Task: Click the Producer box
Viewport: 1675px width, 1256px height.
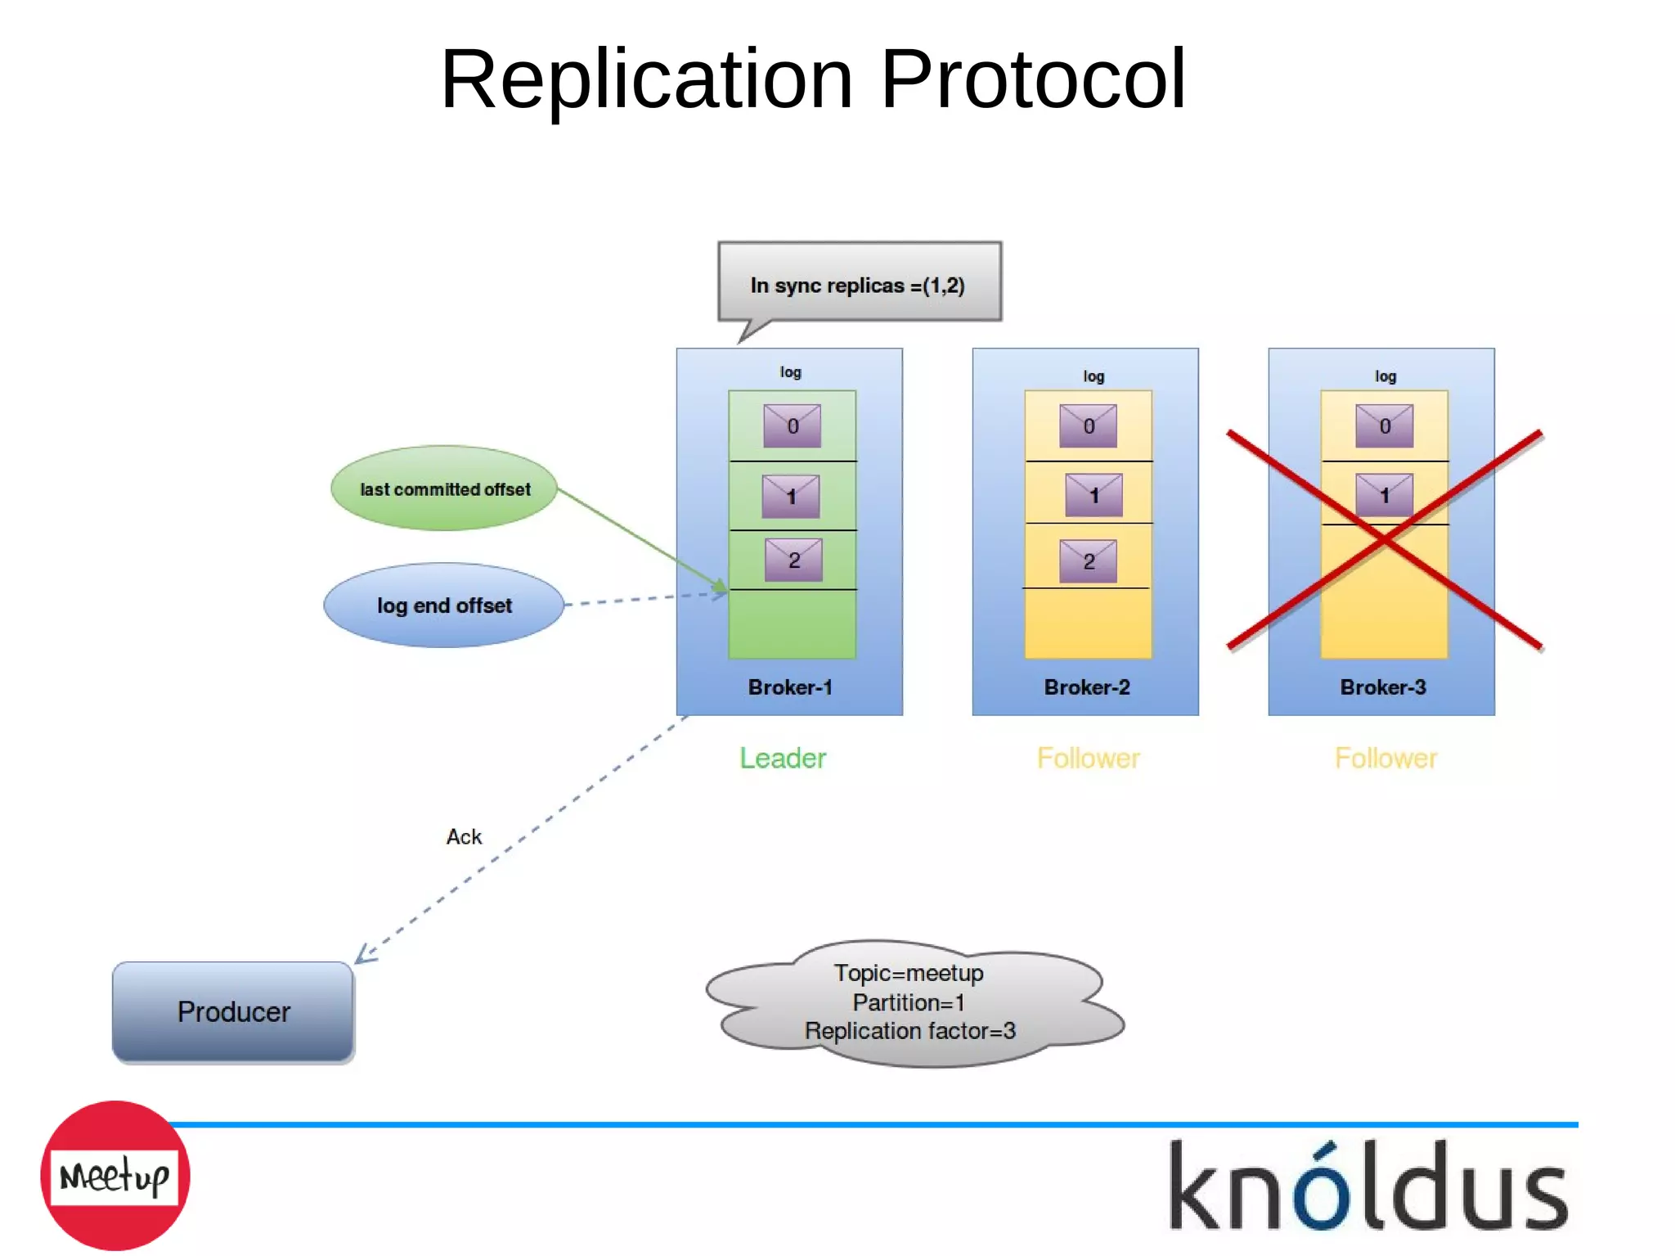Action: pyautogui.click(x=233, y=1012)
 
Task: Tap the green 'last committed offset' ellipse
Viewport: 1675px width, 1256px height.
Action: pyautogui.click(x=445, y=489)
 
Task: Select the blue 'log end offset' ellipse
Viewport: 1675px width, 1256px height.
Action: pyautogui.click(x=444, y=605)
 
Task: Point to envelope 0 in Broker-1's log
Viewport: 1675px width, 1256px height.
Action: pyautogui.click(x=793, y=425)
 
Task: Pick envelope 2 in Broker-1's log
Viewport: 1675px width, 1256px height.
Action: pyautogui.click(x=793, y=560)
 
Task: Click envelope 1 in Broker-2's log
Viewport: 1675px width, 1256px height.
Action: pyautogui.click(x=1093, y=495)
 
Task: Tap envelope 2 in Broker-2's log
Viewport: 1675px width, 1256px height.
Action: pyautogui.click(x=1089, y=561)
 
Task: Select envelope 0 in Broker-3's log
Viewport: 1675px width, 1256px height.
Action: pyautogui.click(x=1385, y=425)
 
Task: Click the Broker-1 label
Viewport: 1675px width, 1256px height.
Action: pyautogui.click(x=790, y=687)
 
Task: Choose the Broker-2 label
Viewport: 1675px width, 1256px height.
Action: pyautogui.click(x=1087, y=687)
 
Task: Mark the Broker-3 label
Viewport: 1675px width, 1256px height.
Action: pyautogui.click(x=1383, y=687)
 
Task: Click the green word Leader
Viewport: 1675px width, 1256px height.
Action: pyautogui.click(x=783, y=759)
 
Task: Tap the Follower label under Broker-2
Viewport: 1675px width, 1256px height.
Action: pyautogui.click(x=1089, y=759)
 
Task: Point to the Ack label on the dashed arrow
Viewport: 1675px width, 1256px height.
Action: pyautogui.click(x=464, y=837)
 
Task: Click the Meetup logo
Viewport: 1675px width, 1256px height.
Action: pyautogui.click(x=115, y=1176)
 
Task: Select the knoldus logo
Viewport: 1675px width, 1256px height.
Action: pyautogui.click(x=1368, y=1186)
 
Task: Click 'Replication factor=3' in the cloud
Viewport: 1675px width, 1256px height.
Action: pyautogui.click(x=909, y=1031)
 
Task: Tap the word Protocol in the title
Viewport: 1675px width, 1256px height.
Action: pyautogui.click(x=1033, y=79)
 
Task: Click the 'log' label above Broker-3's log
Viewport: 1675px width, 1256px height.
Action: pyautogui.click(x=1385, y=376)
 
